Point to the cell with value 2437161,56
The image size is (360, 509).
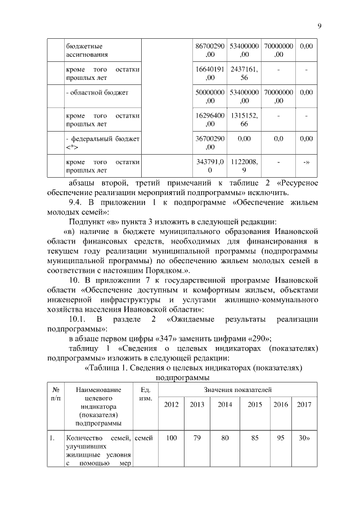[244, 73]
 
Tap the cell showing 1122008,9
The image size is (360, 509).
[244, 165]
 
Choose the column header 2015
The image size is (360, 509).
[254, 404]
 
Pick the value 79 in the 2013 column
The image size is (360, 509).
[197, 438]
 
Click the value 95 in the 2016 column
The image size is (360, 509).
[280, 438]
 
